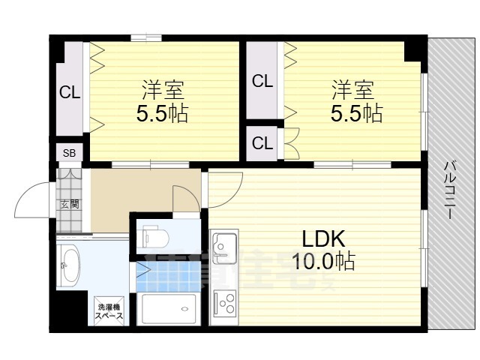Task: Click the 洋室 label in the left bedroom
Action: pyautogui.click(x=163, y=90)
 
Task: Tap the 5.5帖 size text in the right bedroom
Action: pyautogui.click(x=356, y=113)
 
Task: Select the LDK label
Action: pyautogui.click(x=322, y=238)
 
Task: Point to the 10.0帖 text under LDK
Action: pyautogui.click(x=324, y=262)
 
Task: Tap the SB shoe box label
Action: pyautogui.click(x=69, y=153)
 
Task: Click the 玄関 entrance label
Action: pyautogui.click(x=69, y=203)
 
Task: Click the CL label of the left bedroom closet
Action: pyautogui.click(x=70, y=93)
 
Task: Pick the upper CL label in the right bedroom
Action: pyautogui.click(x=262, y=81)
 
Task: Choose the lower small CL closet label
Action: pyautogui.click(x=262, y=142)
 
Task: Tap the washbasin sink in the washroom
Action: pyautogui.click(x=68, y=265)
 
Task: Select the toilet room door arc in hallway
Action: pyautogui.click(x=186, y=198)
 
